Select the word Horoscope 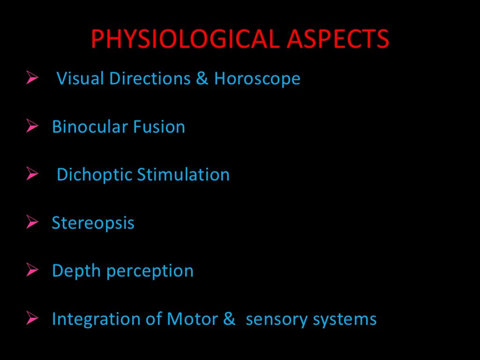point(257,78)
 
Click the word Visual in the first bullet point(80,78)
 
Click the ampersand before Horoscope point(202,78)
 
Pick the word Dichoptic point(94,175)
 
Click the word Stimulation point(183,175)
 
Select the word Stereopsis point(93,223)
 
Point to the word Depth point(73,271)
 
